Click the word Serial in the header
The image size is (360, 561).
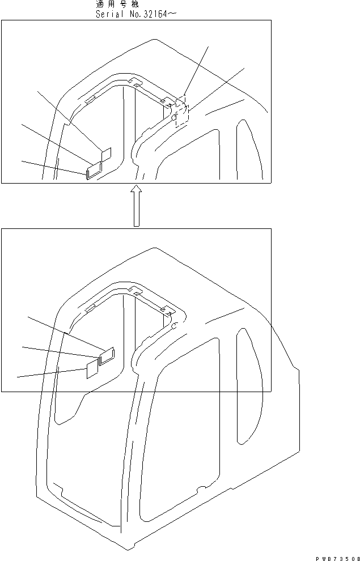click(x=110, y=14)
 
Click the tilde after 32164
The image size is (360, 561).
click(x=172, y=14)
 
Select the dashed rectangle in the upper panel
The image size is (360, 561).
click(x=182, y=111)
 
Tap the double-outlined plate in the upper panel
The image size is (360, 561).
click(x=93, y=169)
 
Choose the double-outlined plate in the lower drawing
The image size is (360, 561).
click(x=106, y=355)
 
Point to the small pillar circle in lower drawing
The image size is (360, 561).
click(x=175, y=326)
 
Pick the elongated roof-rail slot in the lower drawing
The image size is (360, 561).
click(x=89, y=309)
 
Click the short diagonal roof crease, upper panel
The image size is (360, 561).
click(x=224, y=106)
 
